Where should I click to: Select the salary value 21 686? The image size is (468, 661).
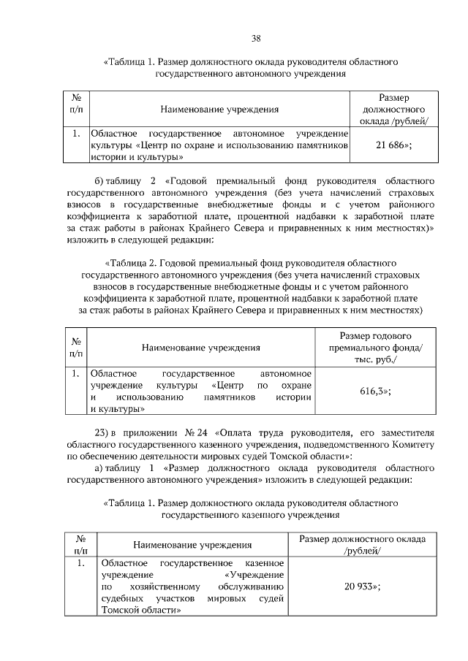(393, 145)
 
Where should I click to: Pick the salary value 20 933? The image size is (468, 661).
(362, 586)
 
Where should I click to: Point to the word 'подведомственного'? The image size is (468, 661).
(339, 444)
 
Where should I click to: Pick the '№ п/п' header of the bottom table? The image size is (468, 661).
(80, 544)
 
